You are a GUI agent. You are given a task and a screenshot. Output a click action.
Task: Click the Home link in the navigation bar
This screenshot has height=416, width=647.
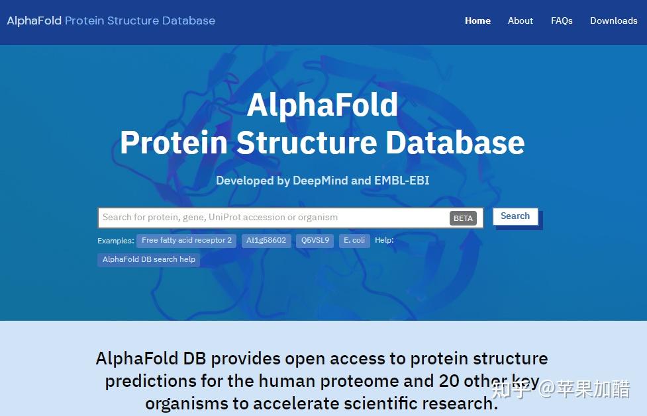coord(477,21)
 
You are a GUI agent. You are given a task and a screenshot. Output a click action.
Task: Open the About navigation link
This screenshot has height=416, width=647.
coord(521,21)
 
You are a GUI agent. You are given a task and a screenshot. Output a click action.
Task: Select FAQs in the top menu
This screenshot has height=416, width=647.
coord(562,21)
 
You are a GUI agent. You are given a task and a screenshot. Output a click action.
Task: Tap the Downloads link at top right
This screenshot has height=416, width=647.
coord(614,21)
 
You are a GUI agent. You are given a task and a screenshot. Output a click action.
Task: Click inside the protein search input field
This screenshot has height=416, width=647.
coord(272,218)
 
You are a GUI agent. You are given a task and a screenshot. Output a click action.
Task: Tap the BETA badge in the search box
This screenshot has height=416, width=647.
coord(463,218)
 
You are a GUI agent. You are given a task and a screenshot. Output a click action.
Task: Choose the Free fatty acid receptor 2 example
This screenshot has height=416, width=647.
coord(187,240)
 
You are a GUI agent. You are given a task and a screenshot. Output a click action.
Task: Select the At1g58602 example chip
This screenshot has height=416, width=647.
coord(266,240)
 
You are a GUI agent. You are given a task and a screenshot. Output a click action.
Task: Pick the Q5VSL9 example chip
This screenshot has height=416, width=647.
coord(315,240)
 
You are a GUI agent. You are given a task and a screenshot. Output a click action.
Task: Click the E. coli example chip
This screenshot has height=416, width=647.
coord(354,240)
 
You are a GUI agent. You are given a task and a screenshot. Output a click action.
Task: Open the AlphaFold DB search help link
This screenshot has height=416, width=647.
coord(149,259)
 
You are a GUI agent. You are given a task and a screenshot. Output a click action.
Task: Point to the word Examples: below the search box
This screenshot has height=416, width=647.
coord(116,241)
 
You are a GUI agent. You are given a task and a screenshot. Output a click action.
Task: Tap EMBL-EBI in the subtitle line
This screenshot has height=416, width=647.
coord(401,181)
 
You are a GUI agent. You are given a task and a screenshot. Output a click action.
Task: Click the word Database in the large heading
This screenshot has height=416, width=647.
coord(455,143)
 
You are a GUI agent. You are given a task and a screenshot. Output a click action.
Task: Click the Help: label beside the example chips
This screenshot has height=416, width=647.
coord(384,240)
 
